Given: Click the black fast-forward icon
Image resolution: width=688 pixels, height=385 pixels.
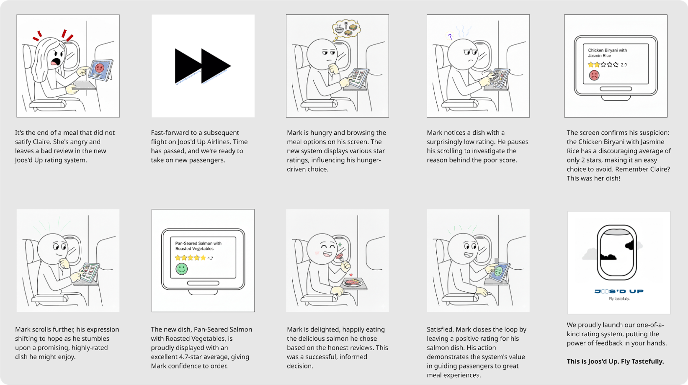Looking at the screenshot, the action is [202, 66].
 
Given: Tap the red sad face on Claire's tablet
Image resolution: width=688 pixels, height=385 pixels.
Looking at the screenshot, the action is [99, 68].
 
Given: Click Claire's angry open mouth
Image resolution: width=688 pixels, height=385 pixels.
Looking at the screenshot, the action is [55, 62].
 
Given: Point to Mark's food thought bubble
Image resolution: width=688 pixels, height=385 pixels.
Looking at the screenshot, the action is [346, 29].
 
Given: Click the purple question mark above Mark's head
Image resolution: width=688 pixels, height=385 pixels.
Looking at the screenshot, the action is [450, 36].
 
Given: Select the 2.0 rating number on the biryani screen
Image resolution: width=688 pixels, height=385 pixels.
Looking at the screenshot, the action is [624, 65].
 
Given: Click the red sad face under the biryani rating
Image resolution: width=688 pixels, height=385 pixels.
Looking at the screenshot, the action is [594, 75].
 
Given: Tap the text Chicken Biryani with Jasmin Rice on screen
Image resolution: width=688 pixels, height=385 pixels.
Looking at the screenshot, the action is [607, 53].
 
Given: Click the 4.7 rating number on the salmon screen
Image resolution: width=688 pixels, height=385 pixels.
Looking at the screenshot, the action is [210, 258].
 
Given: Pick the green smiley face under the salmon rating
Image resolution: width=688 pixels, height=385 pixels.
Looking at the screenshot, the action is [182, 269].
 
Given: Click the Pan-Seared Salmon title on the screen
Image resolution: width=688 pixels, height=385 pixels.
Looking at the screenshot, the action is [198, 246].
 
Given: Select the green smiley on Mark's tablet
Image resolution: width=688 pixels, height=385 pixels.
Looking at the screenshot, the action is [498, 272].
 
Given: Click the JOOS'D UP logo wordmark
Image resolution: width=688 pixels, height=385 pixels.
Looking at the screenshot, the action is [619, 291].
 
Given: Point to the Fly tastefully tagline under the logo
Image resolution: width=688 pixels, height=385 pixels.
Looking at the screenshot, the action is [619, 299].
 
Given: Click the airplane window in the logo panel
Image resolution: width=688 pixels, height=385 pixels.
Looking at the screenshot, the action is [617, 253].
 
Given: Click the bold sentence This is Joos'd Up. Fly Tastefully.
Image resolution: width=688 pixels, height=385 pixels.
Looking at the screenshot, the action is [615, 362].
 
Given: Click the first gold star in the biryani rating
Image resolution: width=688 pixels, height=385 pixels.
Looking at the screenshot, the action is [591, 65].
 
